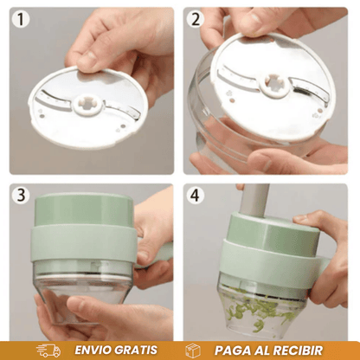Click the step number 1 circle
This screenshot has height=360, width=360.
point(21,19)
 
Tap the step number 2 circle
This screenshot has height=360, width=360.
point(196,19)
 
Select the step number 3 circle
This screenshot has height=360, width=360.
point(21,195)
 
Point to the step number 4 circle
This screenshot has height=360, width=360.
point(196,195)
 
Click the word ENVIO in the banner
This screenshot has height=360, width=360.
point(93,350)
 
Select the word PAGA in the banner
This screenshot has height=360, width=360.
point(232,350)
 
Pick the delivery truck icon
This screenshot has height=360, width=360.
point(48,350)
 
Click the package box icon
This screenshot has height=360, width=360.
point(193,350)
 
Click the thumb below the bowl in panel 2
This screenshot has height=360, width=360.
point(260,161)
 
